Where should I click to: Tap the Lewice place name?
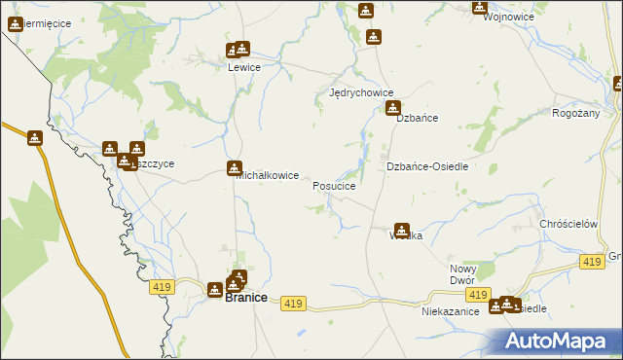pos(243,67)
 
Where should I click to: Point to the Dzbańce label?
pos(417,118)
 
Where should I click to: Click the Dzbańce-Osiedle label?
pos(427,166)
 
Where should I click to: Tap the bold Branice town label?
pos(246,298)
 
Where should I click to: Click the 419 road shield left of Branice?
pos(162,287)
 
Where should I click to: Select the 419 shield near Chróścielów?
pos(591,262)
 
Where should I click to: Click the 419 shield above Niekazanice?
pos(477,295)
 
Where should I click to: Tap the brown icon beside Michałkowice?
pos(235,168)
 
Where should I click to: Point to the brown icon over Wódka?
pos(401,231)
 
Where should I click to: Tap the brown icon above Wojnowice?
pos(479,7)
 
